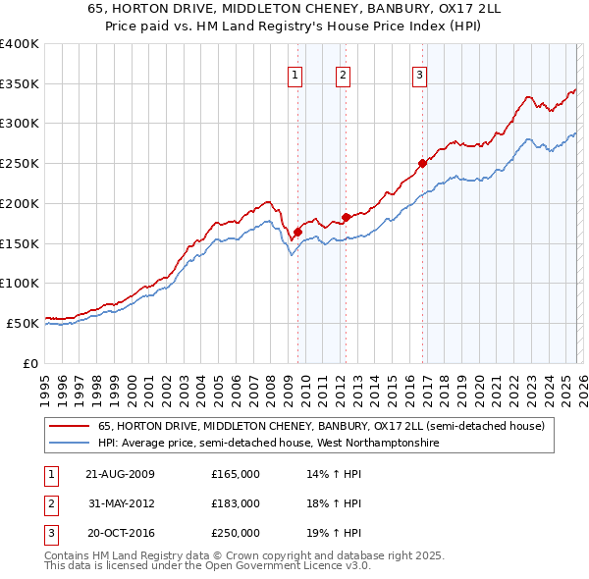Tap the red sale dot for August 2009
(x=297, y=232)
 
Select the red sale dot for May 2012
(x=346, y=217)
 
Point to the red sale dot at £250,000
(x=422, y=163)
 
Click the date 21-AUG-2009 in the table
(x=120, y=474)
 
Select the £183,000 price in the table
(x=236, y=503)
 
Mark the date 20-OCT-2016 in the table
(x=120, y=533)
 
